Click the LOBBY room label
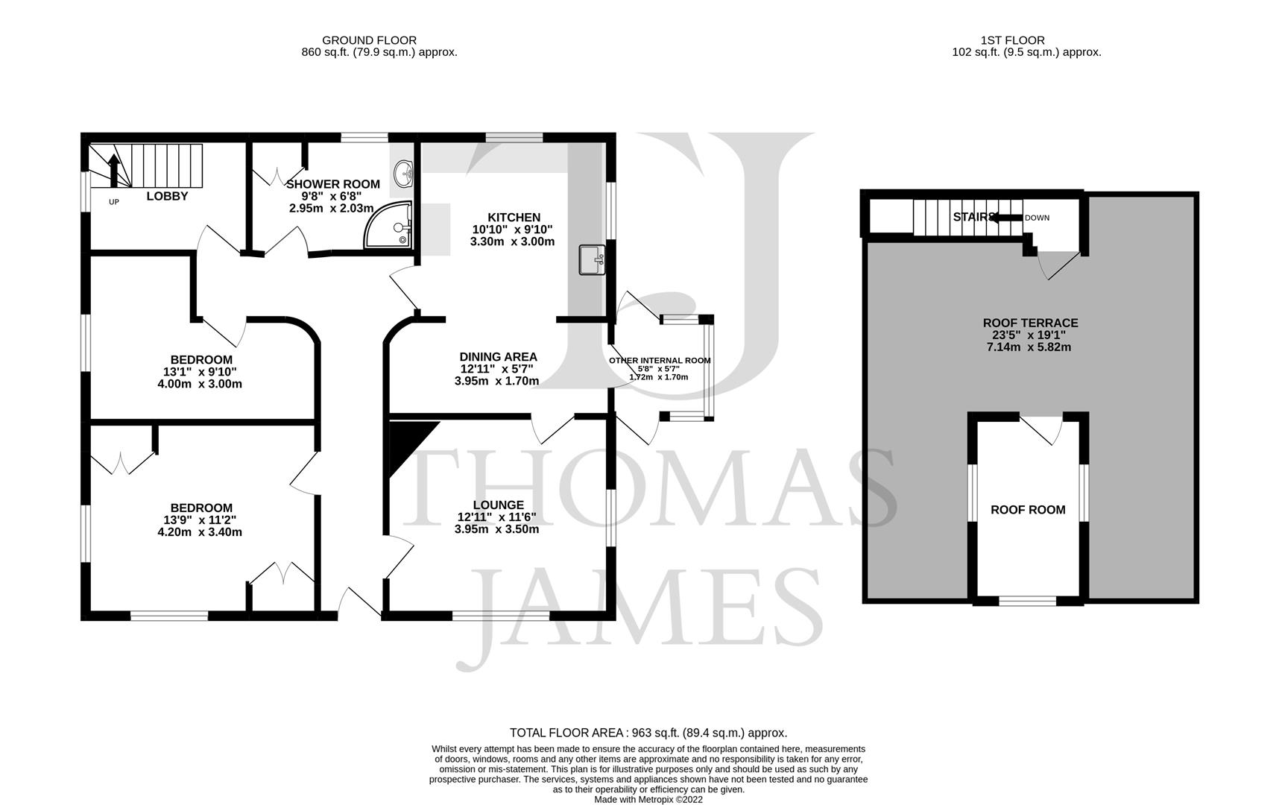point(167,196)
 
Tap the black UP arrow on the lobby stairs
point(113,171)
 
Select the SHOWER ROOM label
point(333,184)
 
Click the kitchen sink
point(593,260)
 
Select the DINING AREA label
point(498,357)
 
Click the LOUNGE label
point(497,505)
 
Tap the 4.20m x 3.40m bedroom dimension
point(200,532)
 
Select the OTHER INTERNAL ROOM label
point(660,361)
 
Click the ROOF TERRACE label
point(1030,323)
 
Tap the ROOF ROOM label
point(1028,510)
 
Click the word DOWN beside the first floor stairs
point(1037,218)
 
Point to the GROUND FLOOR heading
point(369,40)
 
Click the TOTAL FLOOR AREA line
point(648,733)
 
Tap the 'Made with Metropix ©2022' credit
point(648,799)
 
